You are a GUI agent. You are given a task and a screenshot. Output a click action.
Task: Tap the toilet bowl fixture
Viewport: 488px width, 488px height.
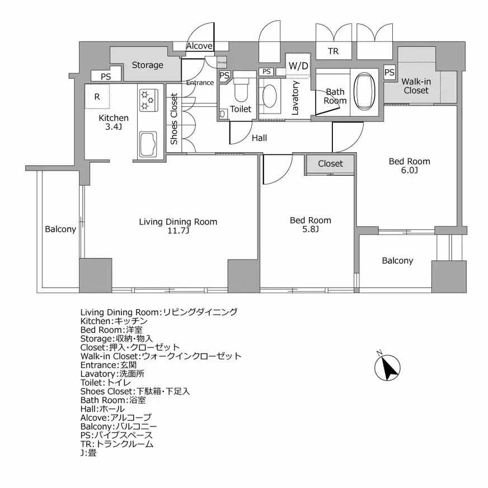(x=241, y=88)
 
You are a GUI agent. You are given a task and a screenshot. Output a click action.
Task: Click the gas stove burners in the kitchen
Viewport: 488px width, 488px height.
(x=147, y=100)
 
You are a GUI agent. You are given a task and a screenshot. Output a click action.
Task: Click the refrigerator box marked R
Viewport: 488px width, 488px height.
(x=97, y=96)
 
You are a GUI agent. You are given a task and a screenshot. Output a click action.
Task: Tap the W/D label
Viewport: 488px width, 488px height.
(x=298, y=65)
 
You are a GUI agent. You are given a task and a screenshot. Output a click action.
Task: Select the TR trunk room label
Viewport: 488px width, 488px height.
(x=333, y=51)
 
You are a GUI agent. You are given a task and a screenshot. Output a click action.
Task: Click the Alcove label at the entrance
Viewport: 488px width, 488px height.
(x=199, y=46)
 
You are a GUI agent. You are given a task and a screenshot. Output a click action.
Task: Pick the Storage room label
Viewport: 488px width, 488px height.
(x=147, y=65)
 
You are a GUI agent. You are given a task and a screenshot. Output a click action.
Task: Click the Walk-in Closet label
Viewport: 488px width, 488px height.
(x=415, y=86)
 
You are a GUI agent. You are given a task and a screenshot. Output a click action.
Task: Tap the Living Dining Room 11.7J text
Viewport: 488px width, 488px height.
(x=178, y=226)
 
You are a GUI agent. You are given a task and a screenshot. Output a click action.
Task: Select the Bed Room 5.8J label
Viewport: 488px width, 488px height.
(x=310, y=224)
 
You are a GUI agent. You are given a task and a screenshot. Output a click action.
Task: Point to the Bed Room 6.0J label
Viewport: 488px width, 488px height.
(x=410, y=166)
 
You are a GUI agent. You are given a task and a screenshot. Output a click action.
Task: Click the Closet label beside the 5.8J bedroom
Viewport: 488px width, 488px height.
(x=330, y=163)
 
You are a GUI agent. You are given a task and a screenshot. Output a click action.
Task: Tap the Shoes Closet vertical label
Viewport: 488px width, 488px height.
(x=174, y=119)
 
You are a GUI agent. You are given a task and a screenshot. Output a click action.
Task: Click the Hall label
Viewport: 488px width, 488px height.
(x=259, y=137)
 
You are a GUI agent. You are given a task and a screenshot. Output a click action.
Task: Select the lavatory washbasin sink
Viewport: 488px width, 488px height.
(x=270, y=95)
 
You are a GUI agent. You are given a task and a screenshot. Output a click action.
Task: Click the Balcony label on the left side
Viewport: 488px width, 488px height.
(x=60, y=229)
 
